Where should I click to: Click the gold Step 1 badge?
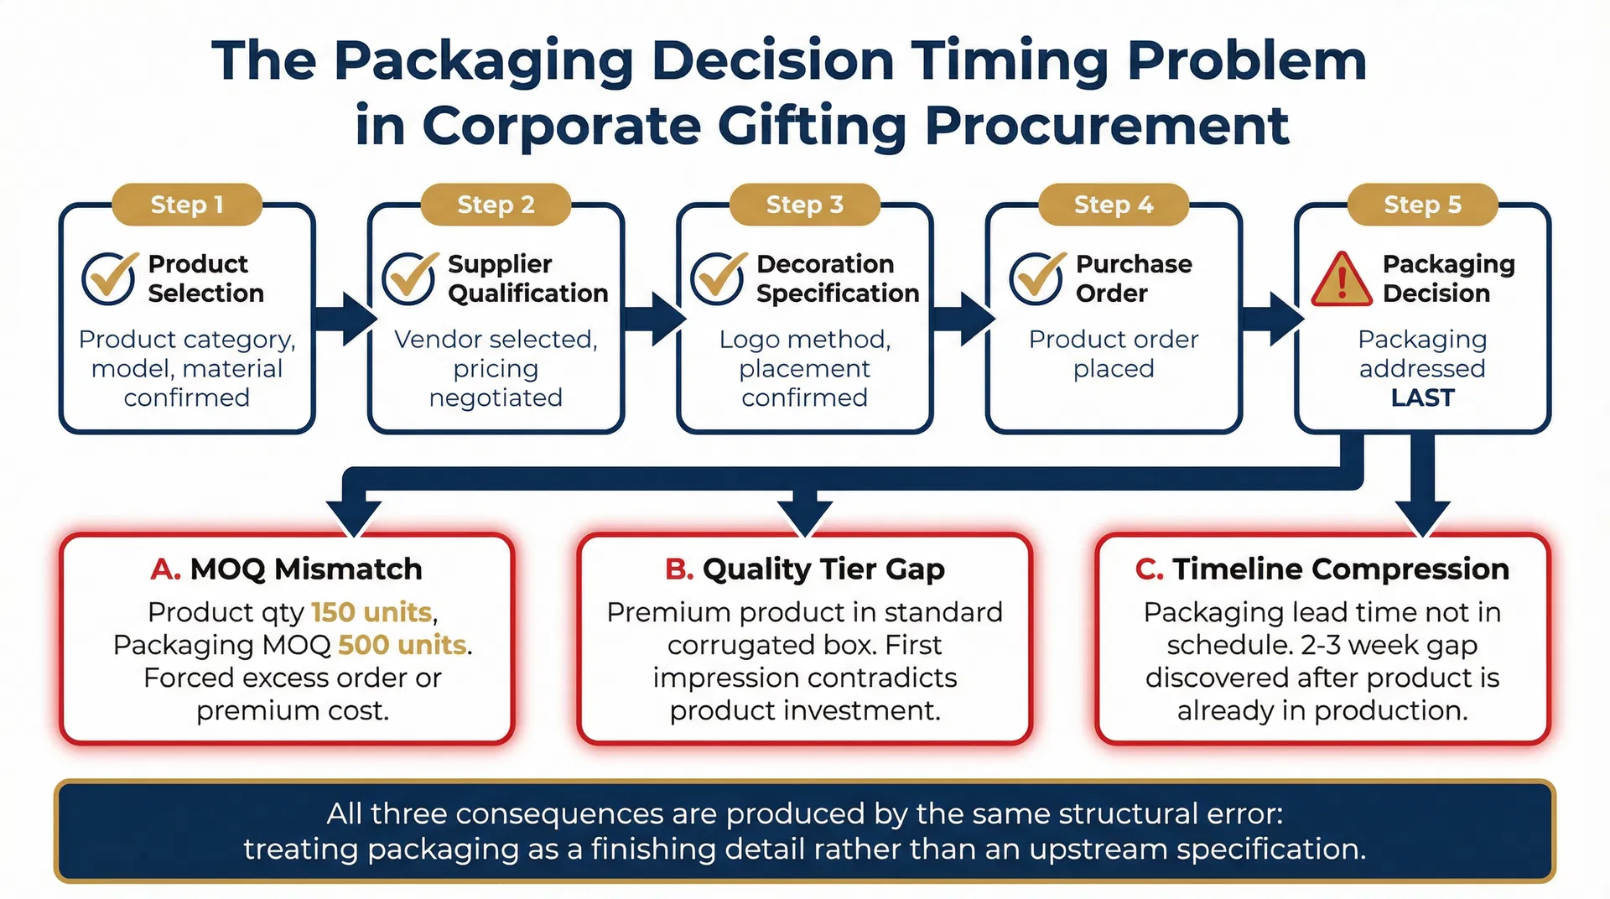(186, 205)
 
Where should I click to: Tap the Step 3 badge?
(804, 205)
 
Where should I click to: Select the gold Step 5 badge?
(1422, 205)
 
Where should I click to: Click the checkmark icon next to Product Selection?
(109, 278)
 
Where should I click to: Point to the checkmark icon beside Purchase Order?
(1036, 278)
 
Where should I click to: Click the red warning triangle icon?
(1341, 280)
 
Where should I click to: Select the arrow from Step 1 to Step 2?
(344, 319)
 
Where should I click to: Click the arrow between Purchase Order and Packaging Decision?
(1271, 319)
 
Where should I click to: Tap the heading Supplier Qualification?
(527, 278)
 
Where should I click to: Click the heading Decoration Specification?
(837, 278)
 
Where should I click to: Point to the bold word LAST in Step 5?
(1422, 398)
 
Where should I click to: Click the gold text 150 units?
(371, 612)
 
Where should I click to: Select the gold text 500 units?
(402, 645)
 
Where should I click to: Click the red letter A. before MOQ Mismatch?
(165, 569)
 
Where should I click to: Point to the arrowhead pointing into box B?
(805, 517)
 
